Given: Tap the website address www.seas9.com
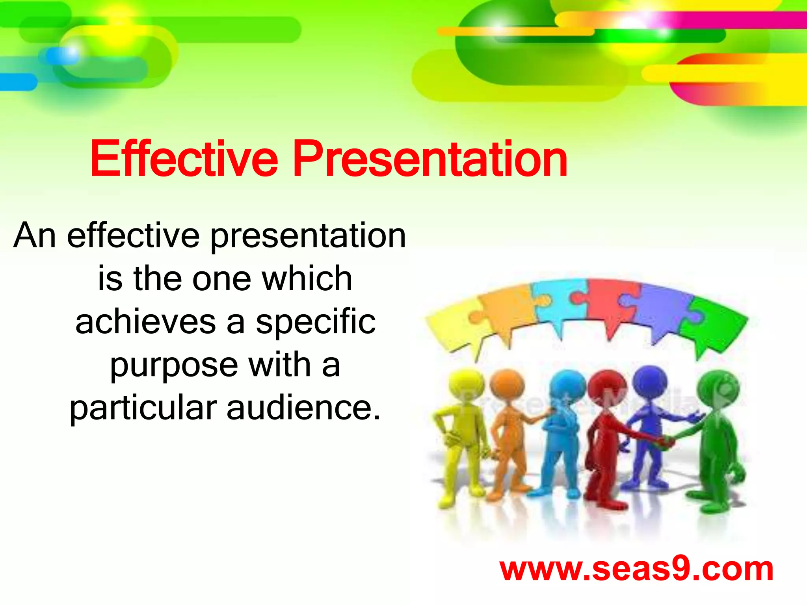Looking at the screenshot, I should click(636, 569).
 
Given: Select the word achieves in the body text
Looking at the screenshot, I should click(145, 322).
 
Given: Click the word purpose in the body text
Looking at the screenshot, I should click(174, 366).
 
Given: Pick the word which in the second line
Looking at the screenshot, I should click(307, 278).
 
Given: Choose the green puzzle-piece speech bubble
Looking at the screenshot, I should click(713, 325).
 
